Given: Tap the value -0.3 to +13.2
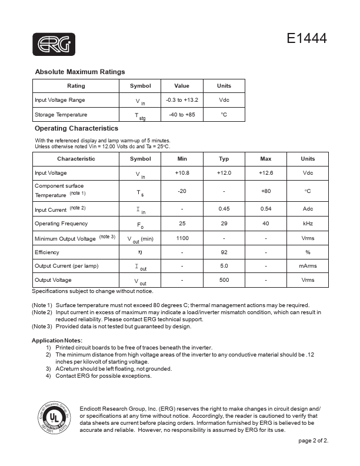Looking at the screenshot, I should click(x=182, y=100).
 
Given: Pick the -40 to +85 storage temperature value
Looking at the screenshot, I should click(x=182, y=115).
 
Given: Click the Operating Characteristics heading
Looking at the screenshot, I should click(x=76, y=128).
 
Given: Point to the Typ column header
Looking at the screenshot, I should click(x=224, y=159).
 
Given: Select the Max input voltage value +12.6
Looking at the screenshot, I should click(x=266, y=173).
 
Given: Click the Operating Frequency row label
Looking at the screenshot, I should click(x=61, y=224).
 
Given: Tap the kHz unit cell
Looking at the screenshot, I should click(x=308, y=224).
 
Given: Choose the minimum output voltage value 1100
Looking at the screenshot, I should click(x=182, y=238).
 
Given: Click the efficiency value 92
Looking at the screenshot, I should click(x=224, y=252).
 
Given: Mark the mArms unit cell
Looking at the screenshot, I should click(x=308, y=266).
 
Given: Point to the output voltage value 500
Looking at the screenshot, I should click(x=224, y=280).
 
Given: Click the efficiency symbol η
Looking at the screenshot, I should click(x=140, y=252).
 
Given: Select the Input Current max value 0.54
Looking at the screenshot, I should click(x=266, y=209).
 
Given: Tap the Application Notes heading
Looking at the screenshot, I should click(x=57, y=341).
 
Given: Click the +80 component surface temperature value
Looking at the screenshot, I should click(x=266, y=191).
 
